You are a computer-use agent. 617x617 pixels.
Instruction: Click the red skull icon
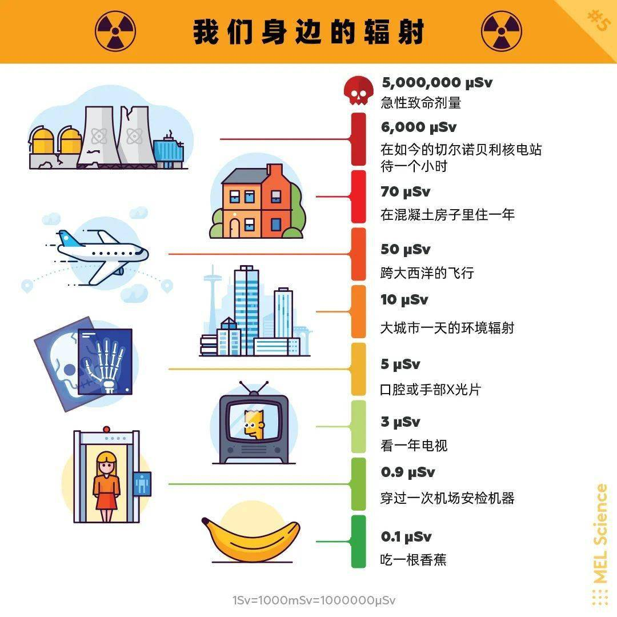358,90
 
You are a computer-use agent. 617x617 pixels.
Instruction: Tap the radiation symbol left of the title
115,31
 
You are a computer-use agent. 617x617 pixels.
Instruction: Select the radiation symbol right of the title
502,31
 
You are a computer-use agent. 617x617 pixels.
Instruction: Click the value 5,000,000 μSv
437,83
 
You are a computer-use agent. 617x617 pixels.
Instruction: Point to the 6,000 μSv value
419,127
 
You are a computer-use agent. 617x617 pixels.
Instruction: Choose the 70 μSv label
405,191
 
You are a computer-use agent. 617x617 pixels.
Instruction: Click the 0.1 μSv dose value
406,536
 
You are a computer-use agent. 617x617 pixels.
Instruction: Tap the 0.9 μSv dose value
408,472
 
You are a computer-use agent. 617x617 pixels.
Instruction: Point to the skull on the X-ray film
65,364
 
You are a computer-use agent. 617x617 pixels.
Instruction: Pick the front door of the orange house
235,227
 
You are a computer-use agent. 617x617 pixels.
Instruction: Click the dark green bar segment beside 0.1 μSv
358,542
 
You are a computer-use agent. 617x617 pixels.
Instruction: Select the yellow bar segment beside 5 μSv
358,369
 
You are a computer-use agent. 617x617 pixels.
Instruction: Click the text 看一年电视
414,445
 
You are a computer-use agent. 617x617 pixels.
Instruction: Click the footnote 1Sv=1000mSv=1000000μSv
314,600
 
